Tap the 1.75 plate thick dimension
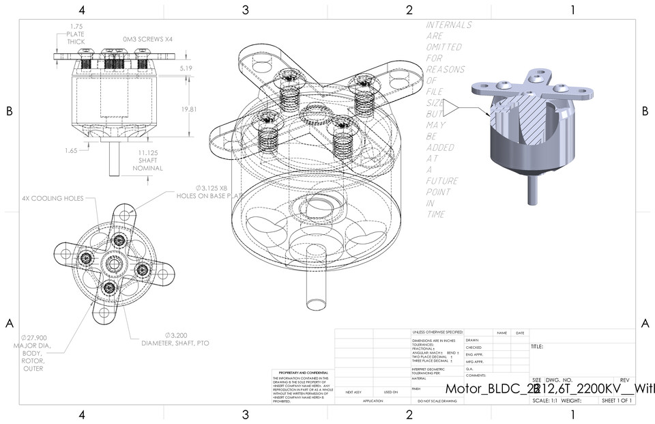click(76, 33)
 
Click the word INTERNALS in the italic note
click(448, 25)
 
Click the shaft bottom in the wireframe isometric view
click(315, 305)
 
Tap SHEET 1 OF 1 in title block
click(615, 400)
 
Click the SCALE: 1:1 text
click(545, 400)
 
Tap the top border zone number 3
click(246, 10)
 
